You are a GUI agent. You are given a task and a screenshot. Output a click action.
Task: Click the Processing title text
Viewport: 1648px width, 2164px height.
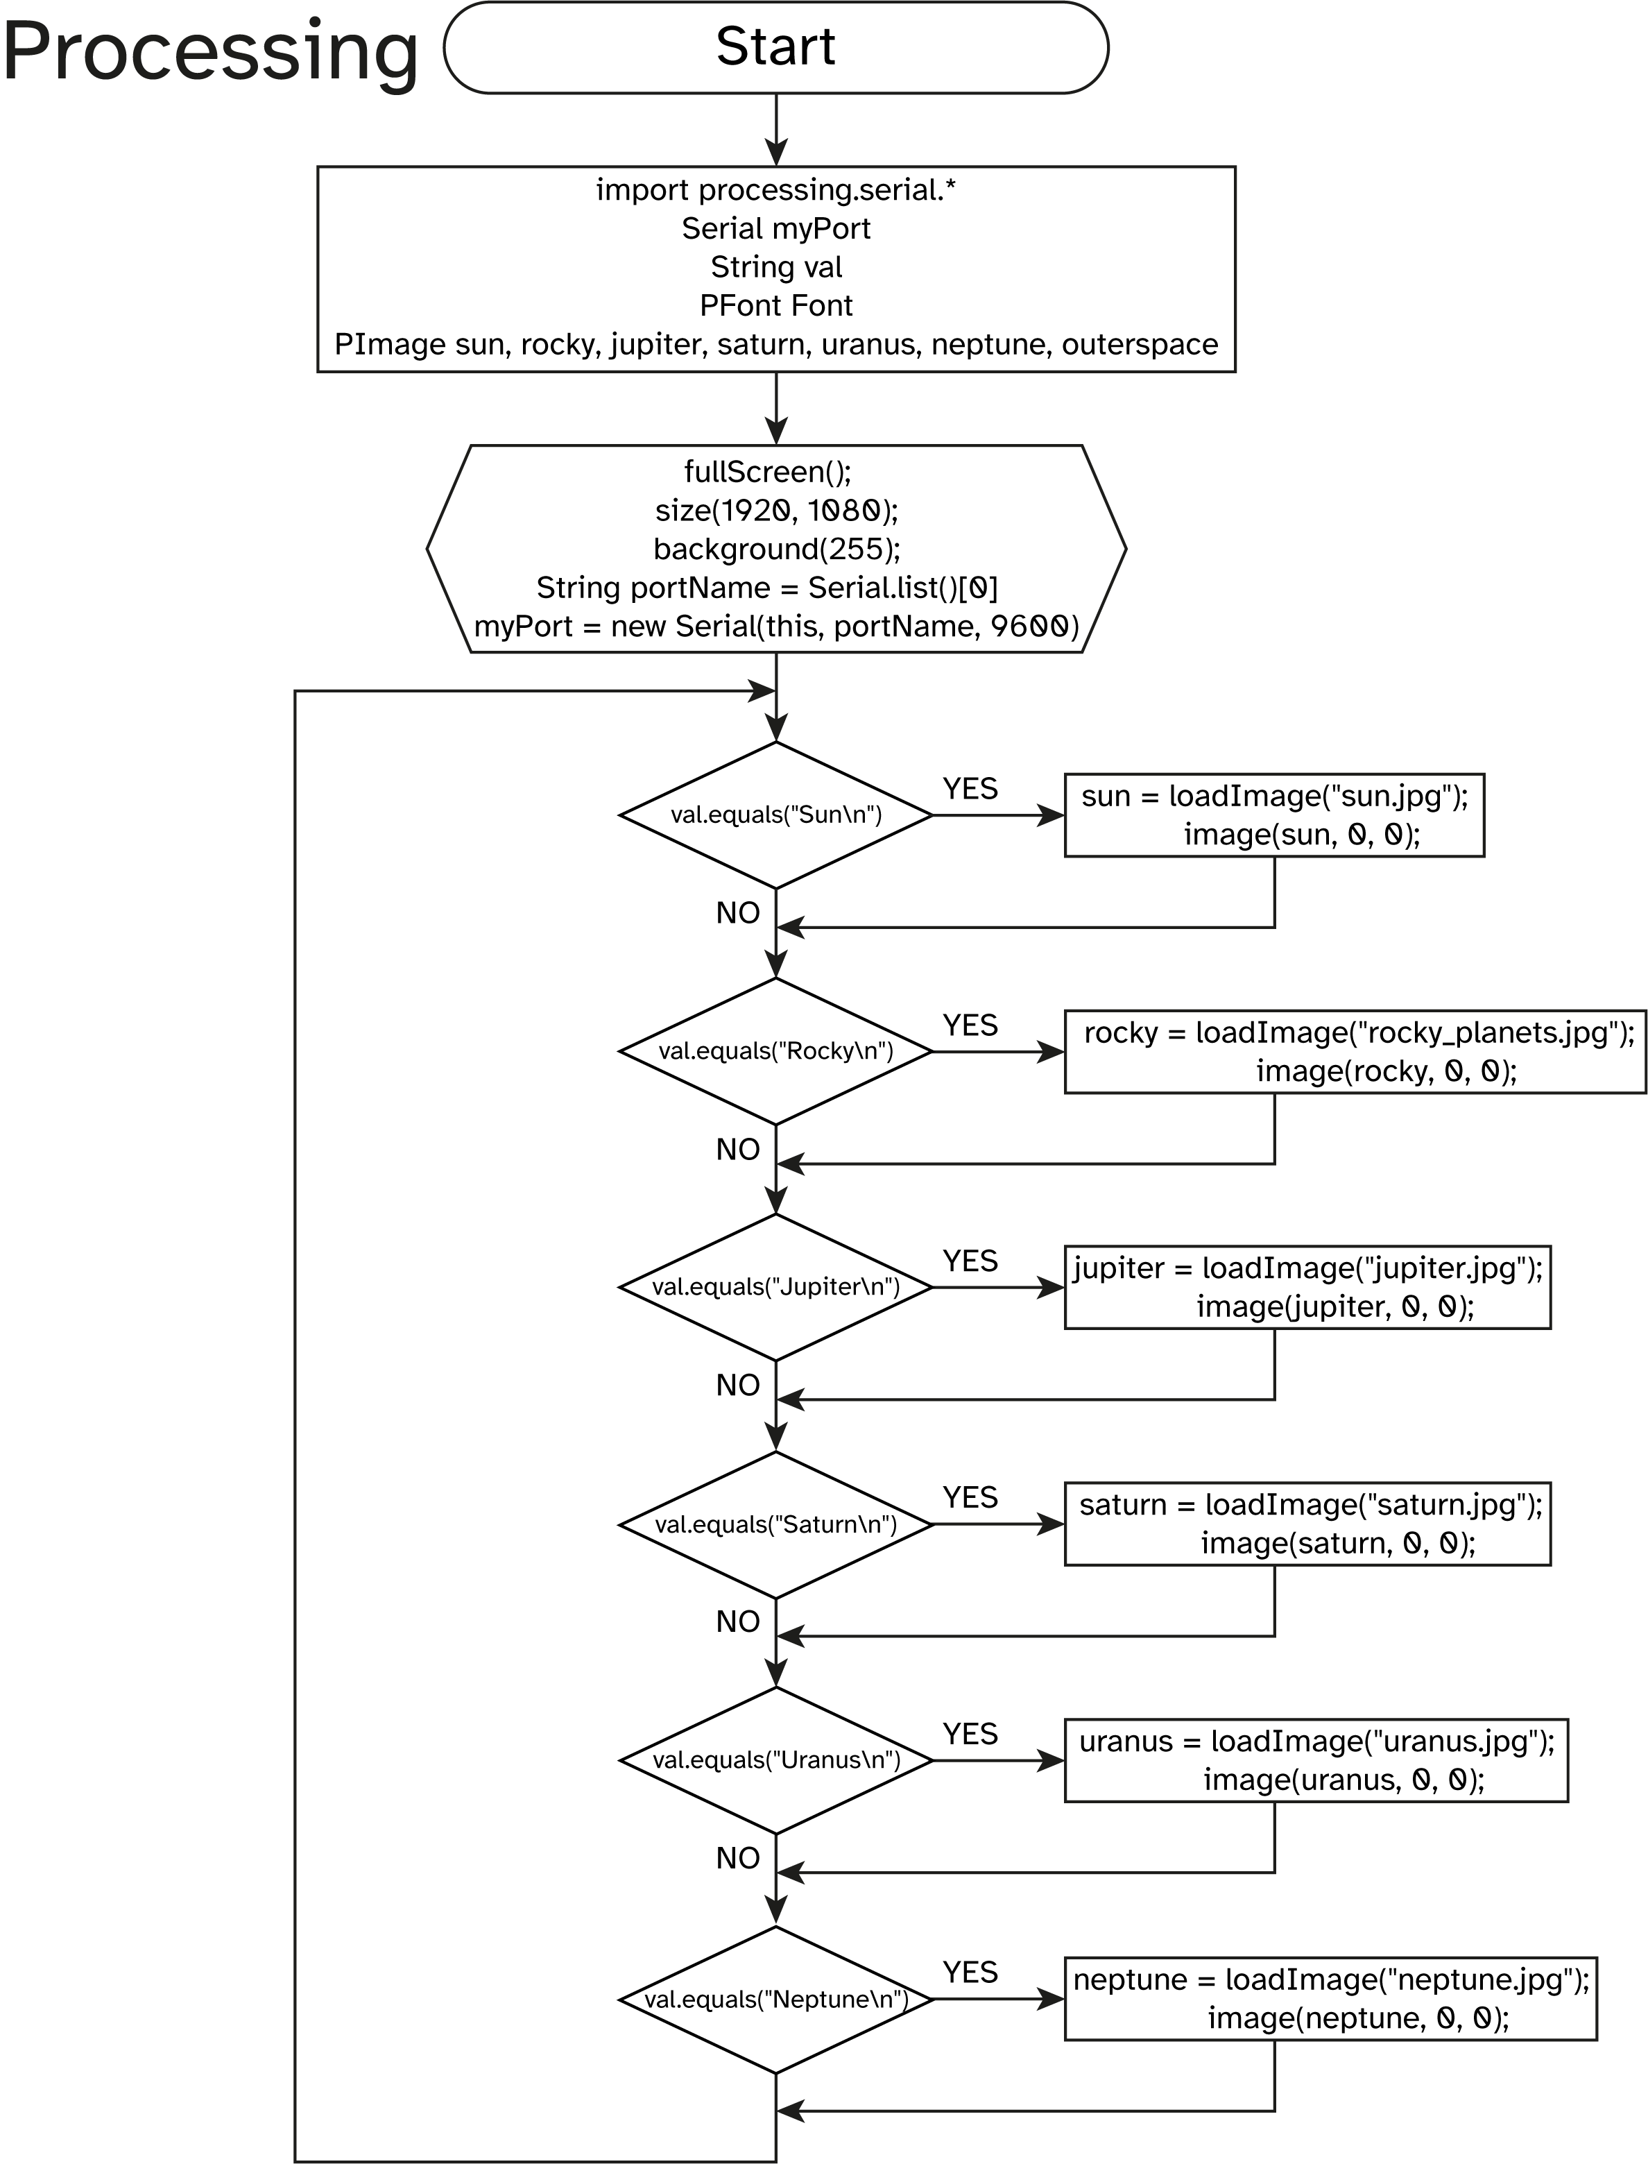[210, 51]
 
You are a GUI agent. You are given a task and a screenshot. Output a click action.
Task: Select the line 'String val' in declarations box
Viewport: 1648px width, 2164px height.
[776, 267]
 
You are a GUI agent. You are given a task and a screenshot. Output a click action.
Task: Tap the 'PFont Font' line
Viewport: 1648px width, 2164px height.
[776, 306]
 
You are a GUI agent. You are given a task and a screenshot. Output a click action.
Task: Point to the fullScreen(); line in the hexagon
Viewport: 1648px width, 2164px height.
[767, 472]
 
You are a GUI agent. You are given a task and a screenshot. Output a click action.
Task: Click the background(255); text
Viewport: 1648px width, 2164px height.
[776, 548]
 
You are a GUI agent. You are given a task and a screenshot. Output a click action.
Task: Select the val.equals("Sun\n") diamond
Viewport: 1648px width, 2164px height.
[776, 815]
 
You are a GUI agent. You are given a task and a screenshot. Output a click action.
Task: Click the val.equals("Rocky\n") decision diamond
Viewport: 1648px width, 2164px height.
[776, 1052]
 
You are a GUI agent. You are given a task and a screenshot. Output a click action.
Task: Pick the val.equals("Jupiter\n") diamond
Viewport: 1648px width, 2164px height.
[776, 1287]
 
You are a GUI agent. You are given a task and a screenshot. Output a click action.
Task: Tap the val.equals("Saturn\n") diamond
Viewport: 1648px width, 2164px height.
[776, 1524]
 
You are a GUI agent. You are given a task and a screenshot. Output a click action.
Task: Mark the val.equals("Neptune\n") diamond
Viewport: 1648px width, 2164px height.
[776, 1999]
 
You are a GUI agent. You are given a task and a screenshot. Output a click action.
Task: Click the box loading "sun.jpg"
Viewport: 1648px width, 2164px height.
[1273, 815]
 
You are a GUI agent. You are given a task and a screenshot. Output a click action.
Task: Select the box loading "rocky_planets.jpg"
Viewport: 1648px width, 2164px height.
[1354, 1052]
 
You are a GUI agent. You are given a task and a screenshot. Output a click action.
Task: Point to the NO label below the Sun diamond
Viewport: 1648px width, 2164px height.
[738, 913]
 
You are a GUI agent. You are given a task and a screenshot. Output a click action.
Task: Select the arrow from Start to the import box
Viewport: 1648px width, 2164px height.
[776, 130]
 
